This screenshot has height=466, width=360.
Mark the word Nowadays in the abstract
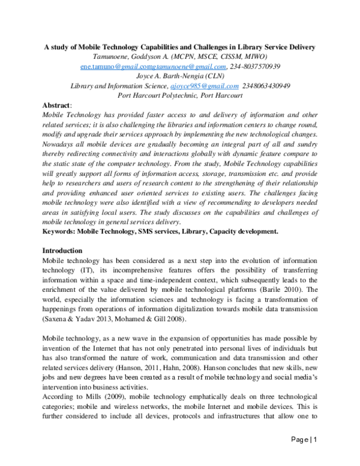(58, 144)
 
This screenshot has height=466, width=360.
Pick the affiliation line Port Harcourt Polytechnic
(180, 95)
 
